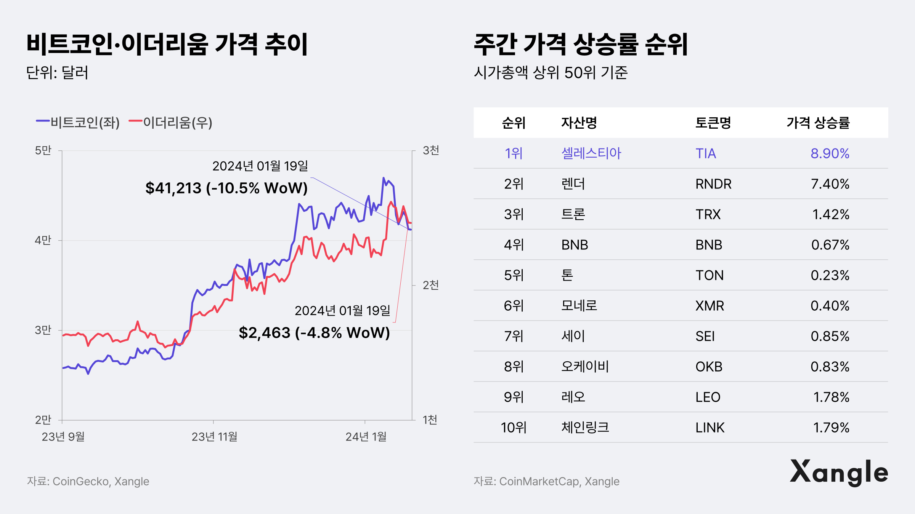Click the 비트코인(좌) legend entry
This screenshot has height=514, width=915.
(78, 122)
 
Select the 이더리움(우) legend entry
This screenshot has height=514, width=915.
(170, 122)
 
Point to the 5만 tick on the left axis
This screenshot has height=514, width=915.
(43, 150)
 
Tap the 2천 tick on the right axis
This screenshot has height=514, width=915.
(431, 285)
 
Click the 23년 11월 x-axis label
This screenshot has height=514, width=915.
(214, 436)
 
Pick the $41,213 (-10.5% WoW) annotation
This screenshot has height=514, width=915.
(226, 188)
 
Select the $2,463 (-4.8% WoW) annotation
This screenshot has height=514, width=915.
(314, 333)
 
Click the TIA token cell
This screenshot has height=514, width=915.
(706, 153)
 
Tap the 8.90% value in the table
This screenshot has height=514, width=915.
(830, 153)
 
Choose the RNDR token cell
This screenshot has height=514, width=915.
(713, 184)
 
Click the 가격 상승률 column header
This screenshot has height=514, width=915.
(818, 123)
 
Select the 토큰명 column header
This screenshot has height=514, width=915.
(713, 123)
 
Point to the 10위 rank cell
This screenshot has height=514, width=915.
(514, 428)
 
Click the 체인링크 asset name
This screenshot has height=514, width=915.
(585, 428)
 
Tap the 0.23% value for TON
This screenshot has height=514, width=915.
(830, 275)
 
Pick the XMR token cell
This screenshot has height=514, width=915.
(710, 306)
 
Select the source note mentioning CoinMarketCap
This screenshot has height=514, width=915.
(546, 481)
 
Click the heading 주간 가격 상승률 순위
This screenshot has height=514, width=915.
(581, 45)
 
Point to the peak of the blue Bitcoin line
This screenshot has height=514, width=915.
(384, 178)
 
